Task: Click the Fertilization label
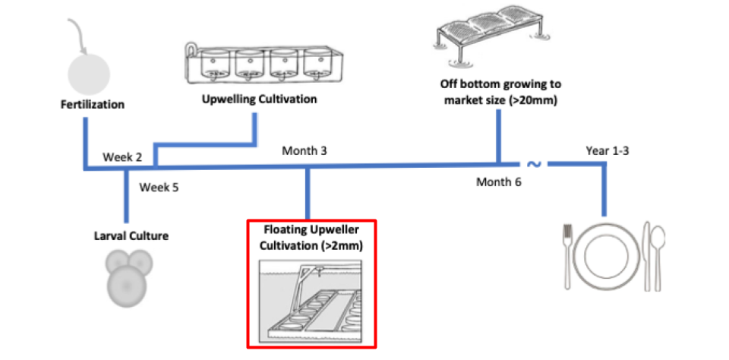tap(93, 104)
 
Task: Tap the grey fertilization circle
tap(89, 74)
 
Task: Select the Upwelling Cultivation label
tap(260, 99)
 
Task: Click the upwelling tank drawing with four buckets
tap(264, 65)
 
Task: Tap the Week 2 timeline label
tap(121, 156)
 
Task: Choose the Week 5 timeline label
tap(159, 188)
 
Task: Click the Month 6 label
tap(498, 182)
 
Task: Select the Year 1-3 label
tap(607, 150)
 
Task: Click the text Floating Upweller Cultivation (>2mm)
tap(311, 238)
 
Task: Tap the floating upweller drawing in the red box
tap(311, 298)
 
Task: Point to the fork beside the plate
tap(566, 257)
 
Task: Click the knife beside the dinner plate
tap(646, 257)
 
